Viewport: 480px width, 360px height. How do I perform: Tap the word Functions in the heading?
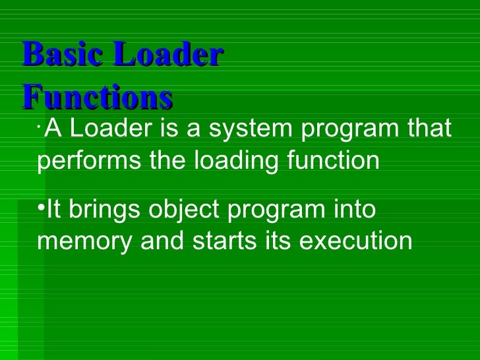tap(97, 97)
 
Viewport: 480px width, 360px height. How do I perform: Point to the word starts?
tap(226, 242)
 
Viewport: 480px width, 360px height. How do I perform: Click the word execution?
tap(355, 242)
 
